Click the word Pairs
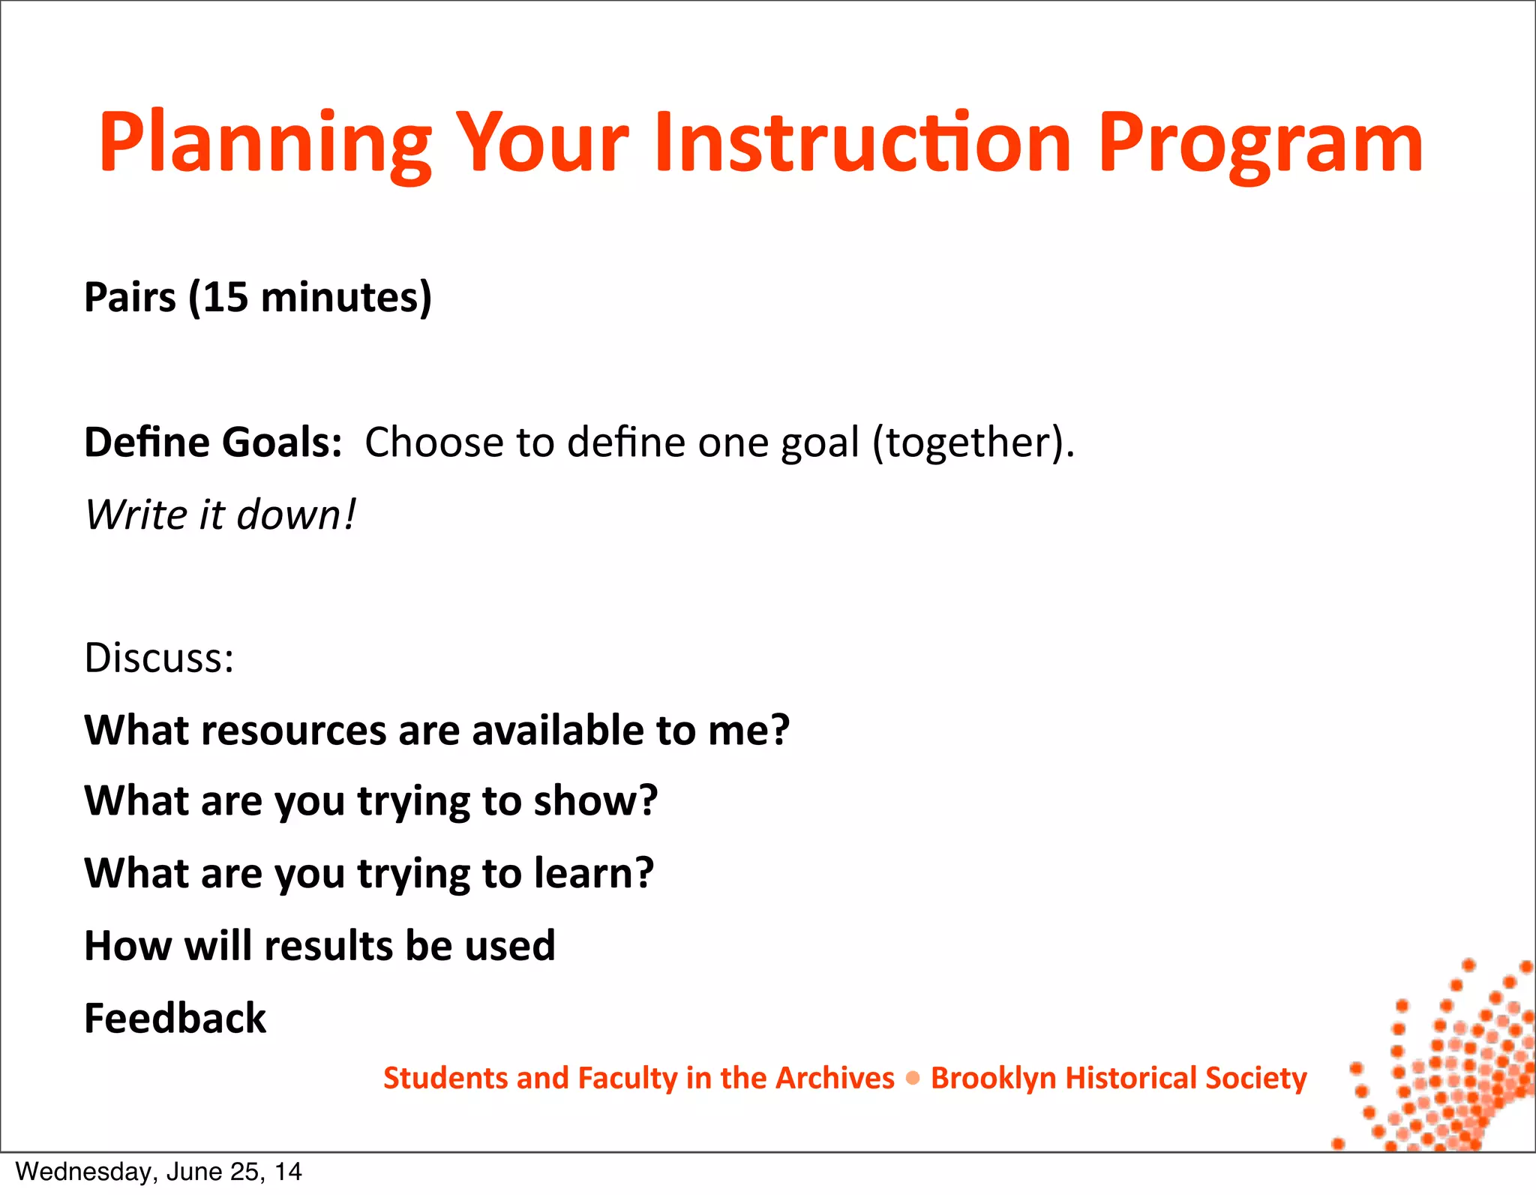[x=130, y=297]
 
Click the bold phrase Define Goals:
[x=213, y=442]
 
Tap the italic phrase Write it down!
[x=220, y=515]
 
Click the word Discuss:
[x=159, y=658]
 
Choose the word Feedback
[x=175, y=1018]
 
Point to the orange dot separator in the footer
[x=913, y=1079]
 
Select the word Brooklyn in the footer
[x=993, y=1078]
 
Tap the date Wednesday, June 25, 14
[x=158, y=1172]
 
